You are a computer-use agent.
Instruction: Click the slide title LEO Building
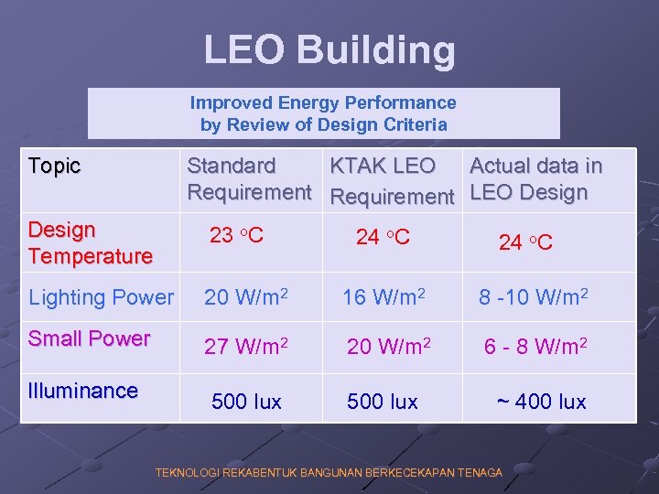point(329,50)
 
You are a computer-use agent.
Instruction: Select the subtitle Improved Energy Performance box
point(323,113)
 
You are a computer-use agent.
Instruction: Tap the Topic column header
point(55,166)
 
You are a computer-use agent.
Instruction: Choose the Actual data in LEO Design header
point(535,179)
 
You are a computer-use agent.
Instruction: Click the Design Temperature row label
point(90,242)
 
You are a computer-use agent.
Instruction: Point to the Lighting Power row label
point(101,297)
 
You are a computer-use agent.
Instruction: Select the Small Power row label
point(89,338)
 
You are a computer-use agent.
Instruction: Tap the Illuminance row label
point(82,391)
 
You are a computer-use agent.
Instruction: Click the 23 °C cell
point(236,236)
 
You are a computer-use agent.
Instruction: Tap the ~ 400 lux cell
point(541,402)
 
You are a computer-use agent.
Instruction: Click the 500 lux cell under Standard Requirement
point(246,402)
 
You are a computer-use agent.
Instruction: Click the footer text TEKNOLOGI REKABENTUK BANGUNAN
point(329,473)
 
